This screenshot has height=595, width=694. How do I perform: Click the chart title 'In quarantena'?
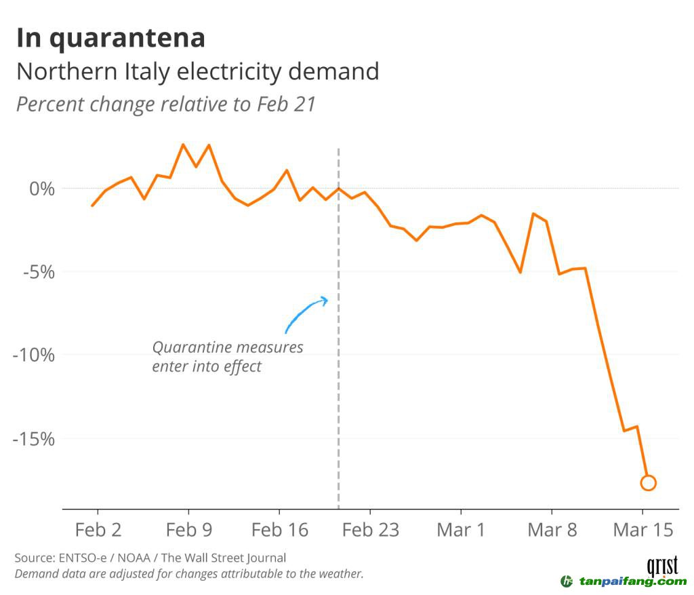pyautogui.click(x=110, y=39)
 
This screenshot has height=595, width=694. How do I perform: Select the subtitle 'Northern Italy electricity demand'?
pyautogui.click(x=197, y=72)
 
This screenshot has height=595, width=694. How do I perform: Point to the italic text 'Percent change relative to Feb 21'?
pyautogui.click(x=166, y=104)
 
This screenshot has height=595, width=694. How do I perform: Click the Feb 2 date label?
pyautogui.click(x=98, y=530)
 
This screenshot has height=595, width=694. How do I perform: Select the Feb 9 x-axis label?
pyautogui.click(x=188, y=530)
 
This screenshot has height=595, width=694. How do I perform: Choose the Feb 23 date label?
pyautogui.click(x=370, y=530)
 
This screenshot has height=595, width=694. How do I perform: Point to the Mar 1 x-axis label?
pyautogui.click(x=461, y=530)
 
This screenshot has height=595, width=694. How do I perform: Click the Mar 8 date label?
pyautogui.click(x=552, y=530)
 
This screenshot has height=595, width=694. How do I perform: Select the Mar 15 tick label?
pyautogui.click(x=642, y=530)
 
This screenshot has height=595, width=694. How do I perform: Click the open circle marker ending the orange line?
pyautogui.click(x=648, y=483)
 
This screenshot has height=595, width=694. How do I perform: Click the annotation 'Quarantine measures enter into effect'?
pyautogui.click(x=227, y=357)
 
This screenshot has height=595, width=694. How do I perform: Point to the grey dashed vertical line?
pyautogui.click(x=338, y=407)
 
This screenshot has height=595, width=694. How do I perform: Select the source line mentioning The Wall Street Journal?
pyautogui.click(x=150, y=558)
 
